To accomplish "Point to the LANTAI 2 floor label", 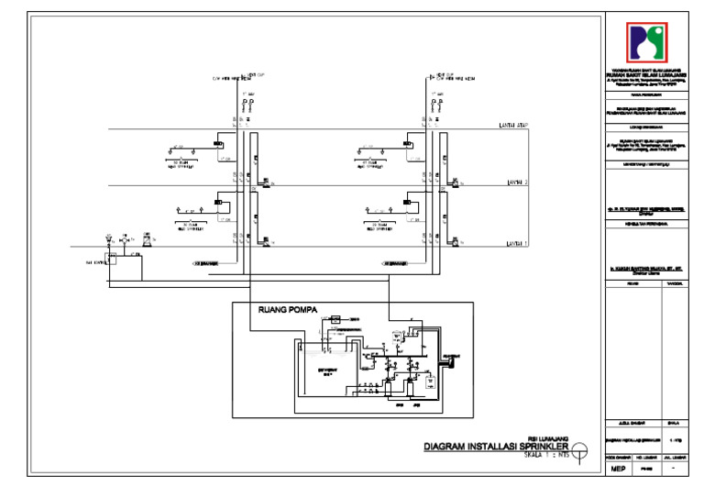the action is pyautogui.click(x=518, y=183).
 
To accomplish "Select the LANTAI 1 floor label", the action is pyautogui.click(x=518, y=244).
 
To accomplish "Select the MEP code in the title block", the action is pyautogui.click(x=619, y=469).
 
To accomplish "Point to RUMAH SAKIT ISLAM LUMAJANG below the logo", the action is pyautogui.click(x=653, y=74).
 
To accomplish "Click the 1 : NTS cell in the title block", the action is pyautogui.click(x=677, y=441).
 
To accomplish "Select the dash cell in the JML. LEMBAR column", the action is pyautogui.click(x=677, y=469).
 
